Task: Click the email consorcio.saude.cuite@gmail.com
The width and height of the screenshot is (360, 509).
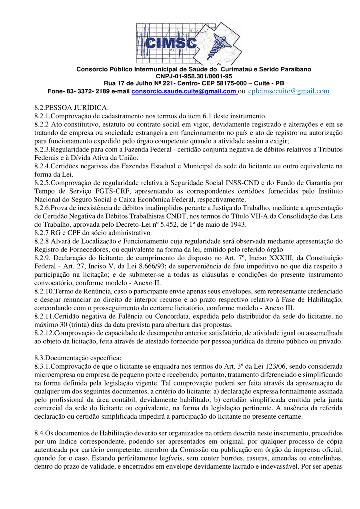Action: (x=184, y=91)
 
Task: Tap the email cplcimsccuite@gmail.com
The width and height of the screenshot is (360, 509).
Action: (x=288, y=91)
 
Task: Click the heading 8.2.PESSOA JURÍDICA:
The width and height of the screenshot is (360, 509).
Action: (x=71, y=108)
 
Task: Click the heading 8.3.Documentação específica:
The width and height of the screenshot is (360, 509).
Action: (x=78, y=357)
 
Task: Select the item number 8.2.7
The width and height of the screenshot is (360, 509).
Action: (x=42, y=233)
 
